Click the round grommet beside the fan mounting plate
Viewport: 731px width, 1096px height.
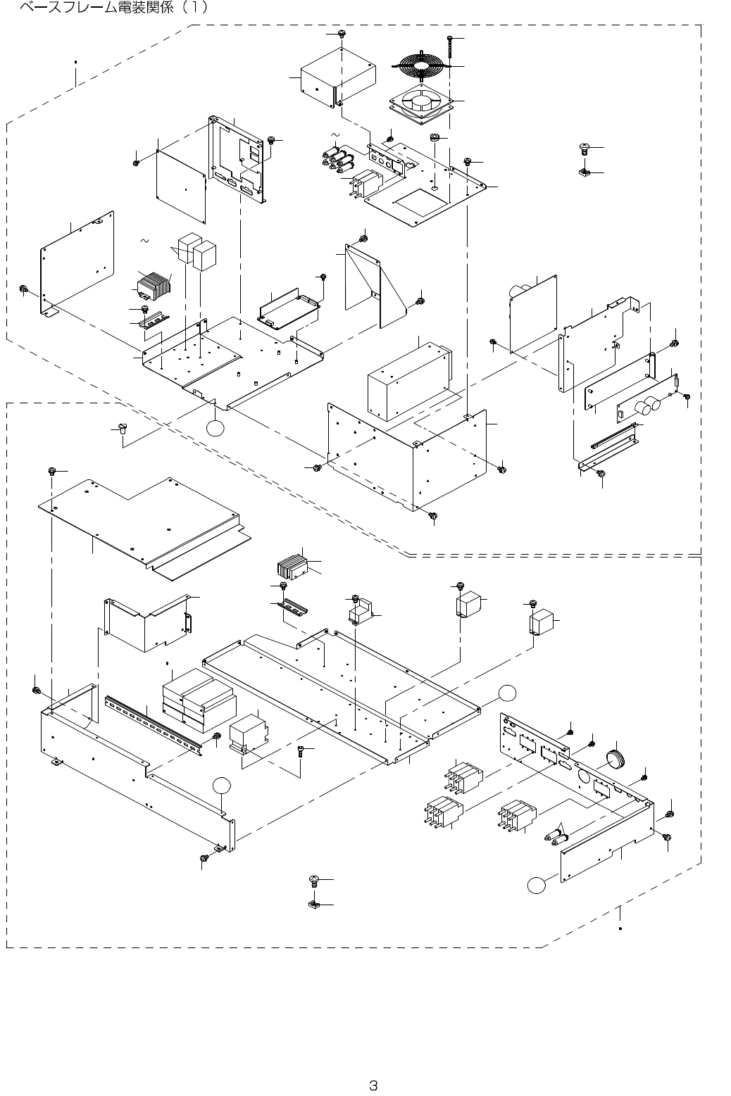(435, 137)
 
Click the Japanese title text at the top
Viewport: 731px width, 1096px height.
(113, 8)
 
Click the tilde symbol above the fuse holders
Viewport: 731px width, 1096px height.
(335, 134)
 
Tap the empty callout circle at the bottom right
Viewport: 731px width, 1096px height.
(537, 885)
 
